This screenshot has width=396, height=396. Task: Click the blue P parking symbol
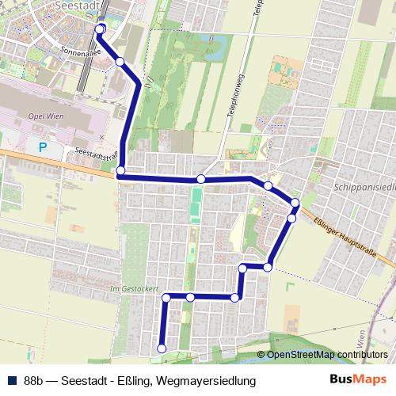[43, 147]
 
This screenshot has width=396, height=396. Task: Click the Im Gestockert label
[136, 289]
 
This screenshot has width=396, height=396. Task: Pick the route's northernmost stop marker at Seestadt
[100, 29]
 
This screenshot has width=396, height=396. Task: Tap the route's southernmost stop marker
[162, 348]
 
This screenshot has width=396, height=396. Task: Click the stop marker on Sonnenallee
[120, 61]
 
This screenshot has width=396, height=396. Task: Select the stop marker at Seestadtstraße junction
[120, 171]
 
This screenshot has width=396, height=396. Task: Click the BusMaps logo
[358, 380]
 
